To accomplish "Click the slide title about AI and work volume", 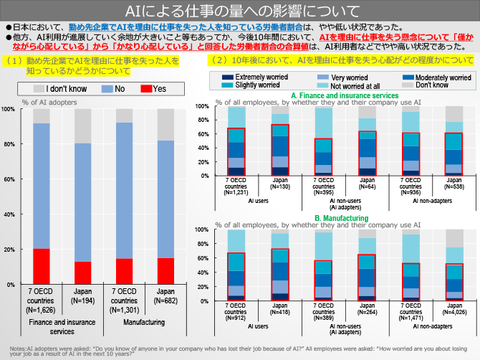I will tap(240, 11).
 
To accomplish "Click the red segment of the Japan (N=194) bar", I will tap(82, 273).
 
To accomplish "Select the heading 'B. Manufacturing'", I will tap(340, 218).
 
